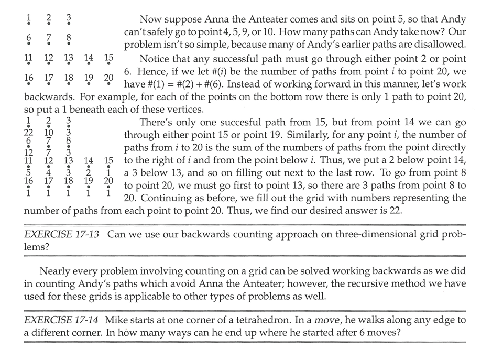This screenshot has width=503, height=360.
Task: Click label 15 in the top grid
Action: click(108, 58)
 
